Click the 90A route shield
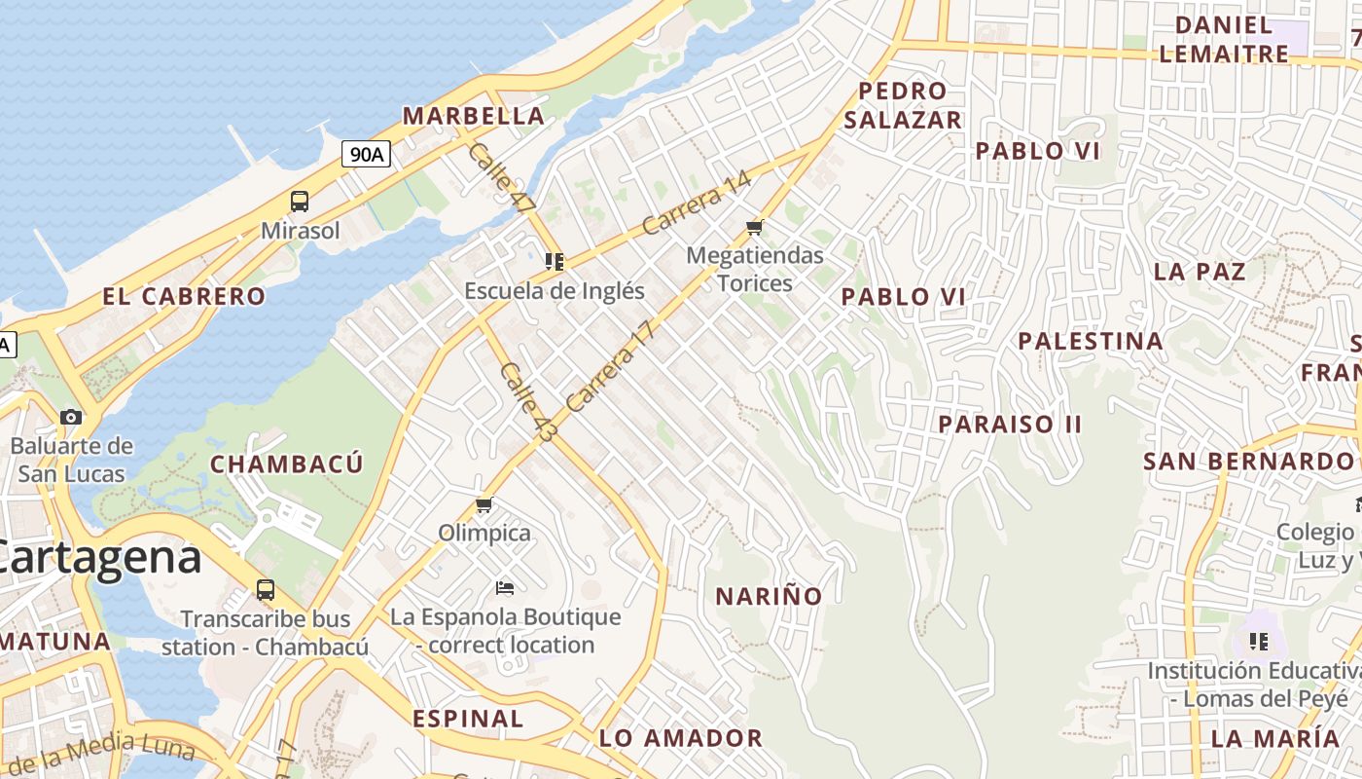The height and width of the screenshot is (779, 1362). pos(367,154)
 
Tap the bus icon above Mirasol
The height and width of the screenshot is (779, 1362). pos(300,202)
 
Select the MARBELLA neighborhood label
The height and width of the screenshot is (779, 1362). pos(474,116)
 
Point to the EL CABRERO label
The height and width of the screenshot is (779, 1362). pos(184,297)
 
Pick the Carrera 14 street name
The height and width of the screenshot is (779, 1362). pos(698,204)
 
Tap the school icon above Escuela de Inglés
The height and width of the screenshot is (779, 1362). pos(555,261)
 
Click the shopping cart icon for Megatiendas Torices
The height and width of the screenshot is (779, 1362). pos(754,228)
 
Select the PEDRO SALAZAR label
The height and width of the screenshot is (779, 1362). pos(902,105)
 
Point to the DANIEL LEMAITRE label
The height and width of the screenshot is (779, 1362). pos(1224,40)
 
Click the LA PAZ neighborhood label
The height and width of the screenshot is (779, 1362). pos(1200,272)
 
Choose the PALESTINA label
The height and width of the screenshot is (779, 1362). pos(1091,342)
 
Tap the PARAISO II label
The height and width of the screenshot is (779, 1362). pos(1010,425)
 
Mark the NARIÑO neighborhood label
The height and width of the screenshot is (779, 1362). pos(769,596)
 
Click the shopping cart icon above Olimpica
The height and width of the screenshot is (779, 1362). pos(484,504)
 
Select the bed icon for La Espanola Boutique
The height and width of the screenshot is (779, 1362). pos(505,587)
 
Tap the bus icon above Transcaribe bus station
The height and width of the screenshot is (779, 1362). pos(265,589)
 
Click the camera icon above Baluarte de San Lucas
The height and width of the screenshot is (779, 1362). pos(71,417)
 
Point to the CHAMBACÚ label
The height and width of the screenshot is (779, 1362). pos(287,464)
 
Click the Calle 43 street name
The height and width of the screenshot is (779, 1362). pos(526,402)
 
